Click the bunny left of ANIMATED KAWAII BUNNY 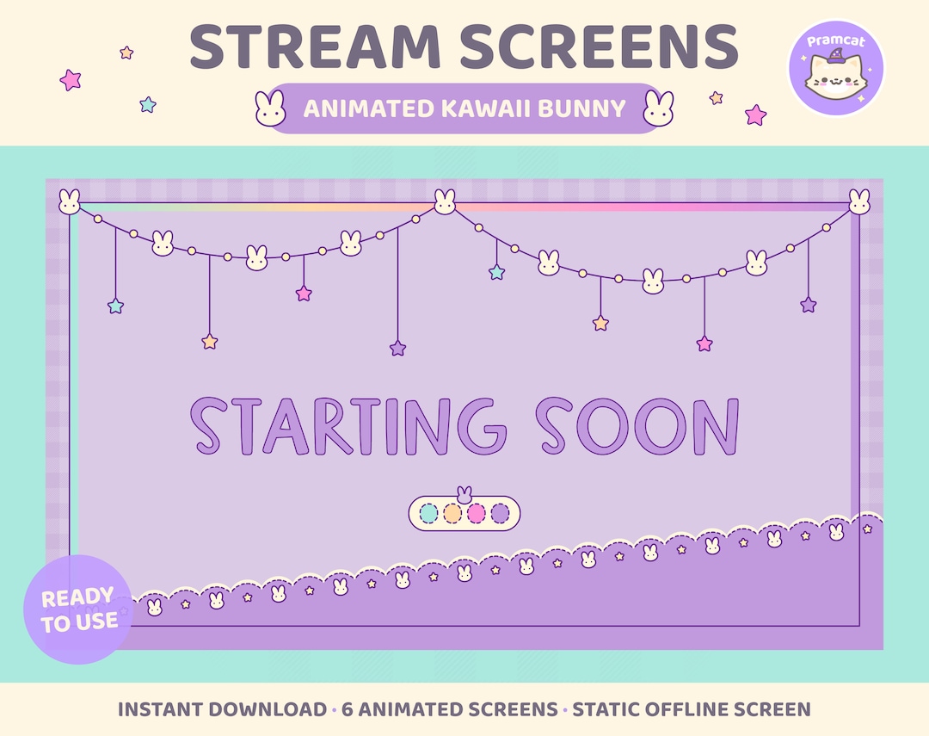tap(269, 109)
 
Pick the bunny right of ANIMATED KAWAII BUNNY tap(659, 109)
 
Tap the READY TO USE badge tap(77, 609)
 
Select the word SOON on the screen tap(637, 426)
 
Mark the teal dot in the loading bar tap(428, 514)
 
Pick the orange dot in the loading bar tap(452, 514)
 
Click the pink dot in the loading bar tap(477, 514)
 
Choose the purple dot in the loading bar tap(500, 514)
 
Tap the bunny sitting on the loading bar tap(464, 493)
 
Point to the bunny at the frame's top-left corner tap(70, 202)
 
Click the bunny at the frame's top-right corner tap(858, 202)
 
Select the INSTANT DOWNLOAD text tap(222, 709)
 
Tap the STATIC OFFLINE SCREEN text tap(692, 709)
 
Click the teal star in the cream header tap(148, 104)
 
